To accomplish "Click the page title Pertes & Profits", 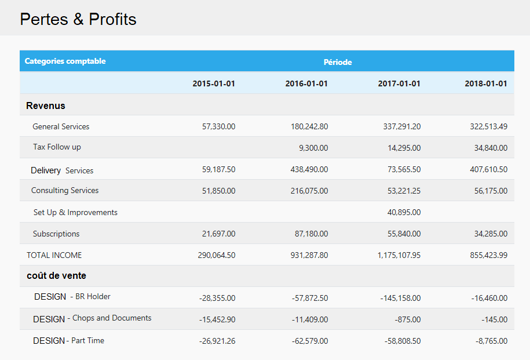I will [x=78, y=19].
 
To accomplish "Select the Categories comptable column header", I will [x=65, y=61].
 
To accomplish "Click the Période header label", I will [x=338, y=62].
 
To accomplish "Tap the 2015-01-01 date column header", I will [x=214, y=83].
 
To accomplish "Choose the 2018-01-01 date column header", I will [x=486, y=83].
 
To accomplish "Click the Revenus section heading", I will [x=46, y=106].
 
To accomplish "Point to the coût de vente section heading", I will [x=57, y=275].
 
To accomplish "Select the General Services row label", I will [x=61, y=126].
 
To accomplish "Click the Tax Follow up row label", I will [x=57, y=147].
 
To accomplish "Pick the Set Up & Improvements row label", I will [x=75, y=212].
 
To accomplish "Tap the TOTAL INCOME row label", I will [x=54, y=255].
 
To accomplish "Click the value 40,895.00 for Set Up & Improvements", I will [x=404, y=212].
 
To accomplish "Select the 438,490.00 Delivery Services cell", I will [x=309, y=170].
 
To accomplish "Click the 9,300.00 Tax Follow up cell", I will [x=313, y=148].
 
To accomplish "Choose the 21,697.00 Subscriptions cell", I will [x=218, y=234].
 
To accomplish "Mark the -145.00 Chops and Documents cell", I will [x=494, y=319].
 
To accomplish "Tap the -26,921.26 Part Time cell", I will [x=217, y=341].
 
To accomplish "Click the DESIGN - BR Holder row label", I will [x=72, y=297].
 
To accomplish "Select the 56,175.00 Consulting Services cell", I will [x=491, y=191].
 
